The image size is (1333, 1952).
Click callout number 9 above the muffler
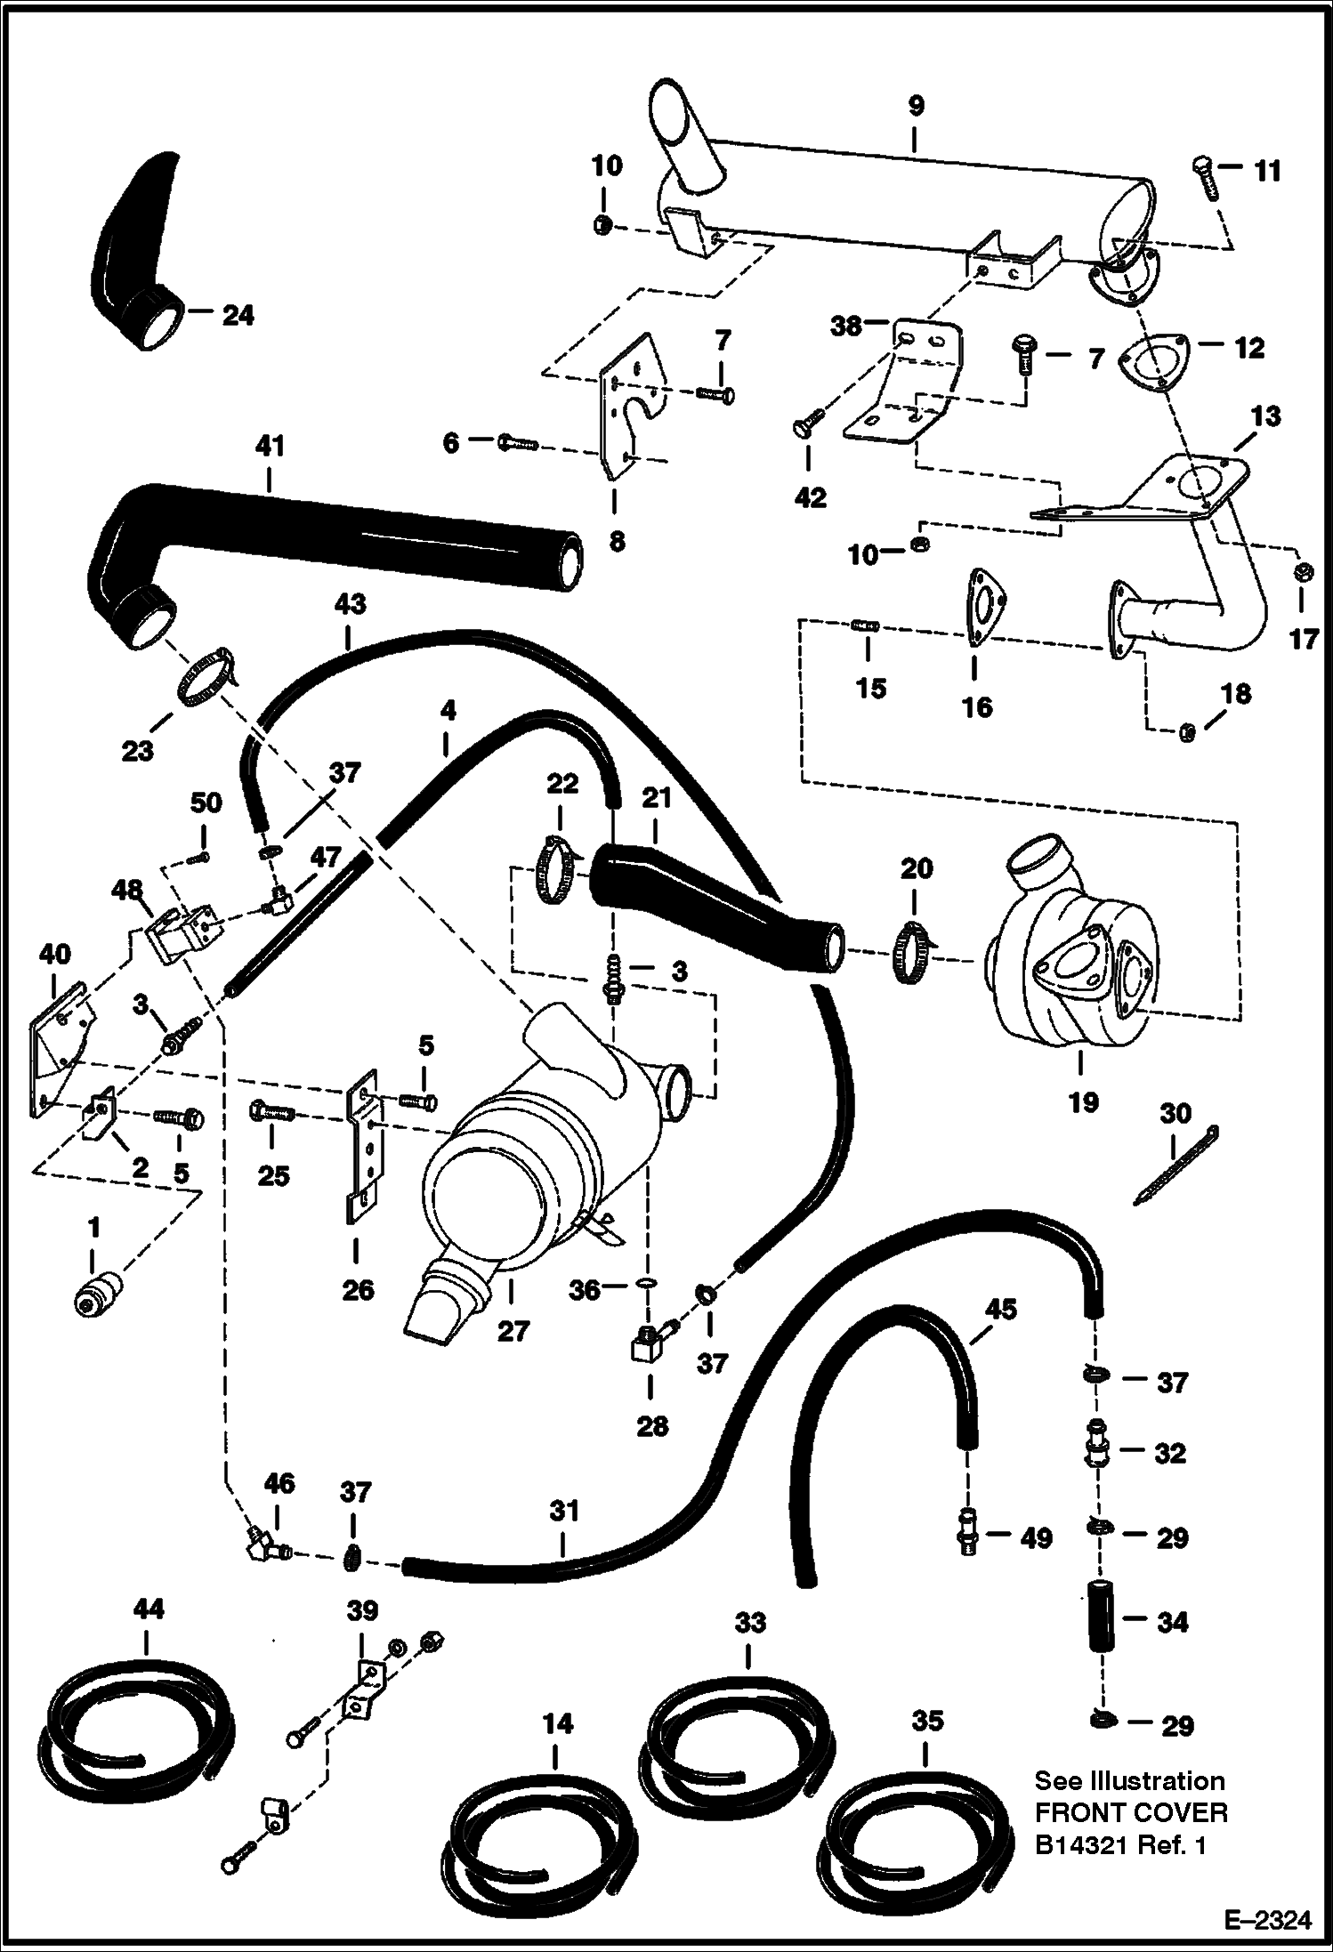[x=916, y=107]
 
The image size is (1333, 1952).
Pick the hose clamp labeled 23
[x=206, y=677]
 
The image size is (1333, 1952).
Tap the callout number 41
[x=270, y=448]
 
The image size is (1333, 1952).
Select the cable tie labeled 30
[x=1176, y=1166]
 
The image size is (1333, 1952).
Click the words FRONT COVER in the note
[x=1131, y=1812]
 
